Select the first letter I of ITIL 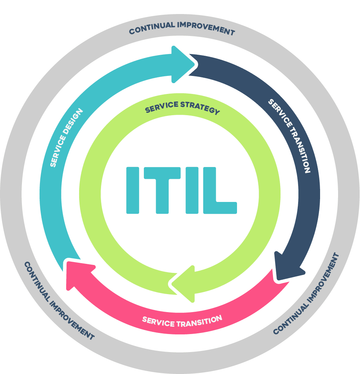(x=132, y=190)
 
